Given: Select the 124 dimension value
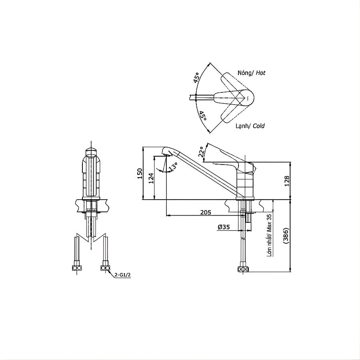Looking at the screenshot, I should click(151, 178).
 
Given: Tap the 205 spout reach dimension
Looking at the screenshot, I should click(205, 212).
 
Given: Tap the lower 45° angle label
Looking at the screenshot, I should click(203, 116).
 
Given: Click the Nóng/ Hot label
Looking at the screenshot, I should click(251, 73).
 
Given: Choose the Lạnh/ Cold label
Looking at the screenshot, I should click(250, 126).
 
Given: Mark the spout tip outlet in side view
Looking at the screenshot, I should click(166, 152).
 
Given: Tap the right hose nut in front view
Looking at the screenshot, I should click(105, 268).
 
